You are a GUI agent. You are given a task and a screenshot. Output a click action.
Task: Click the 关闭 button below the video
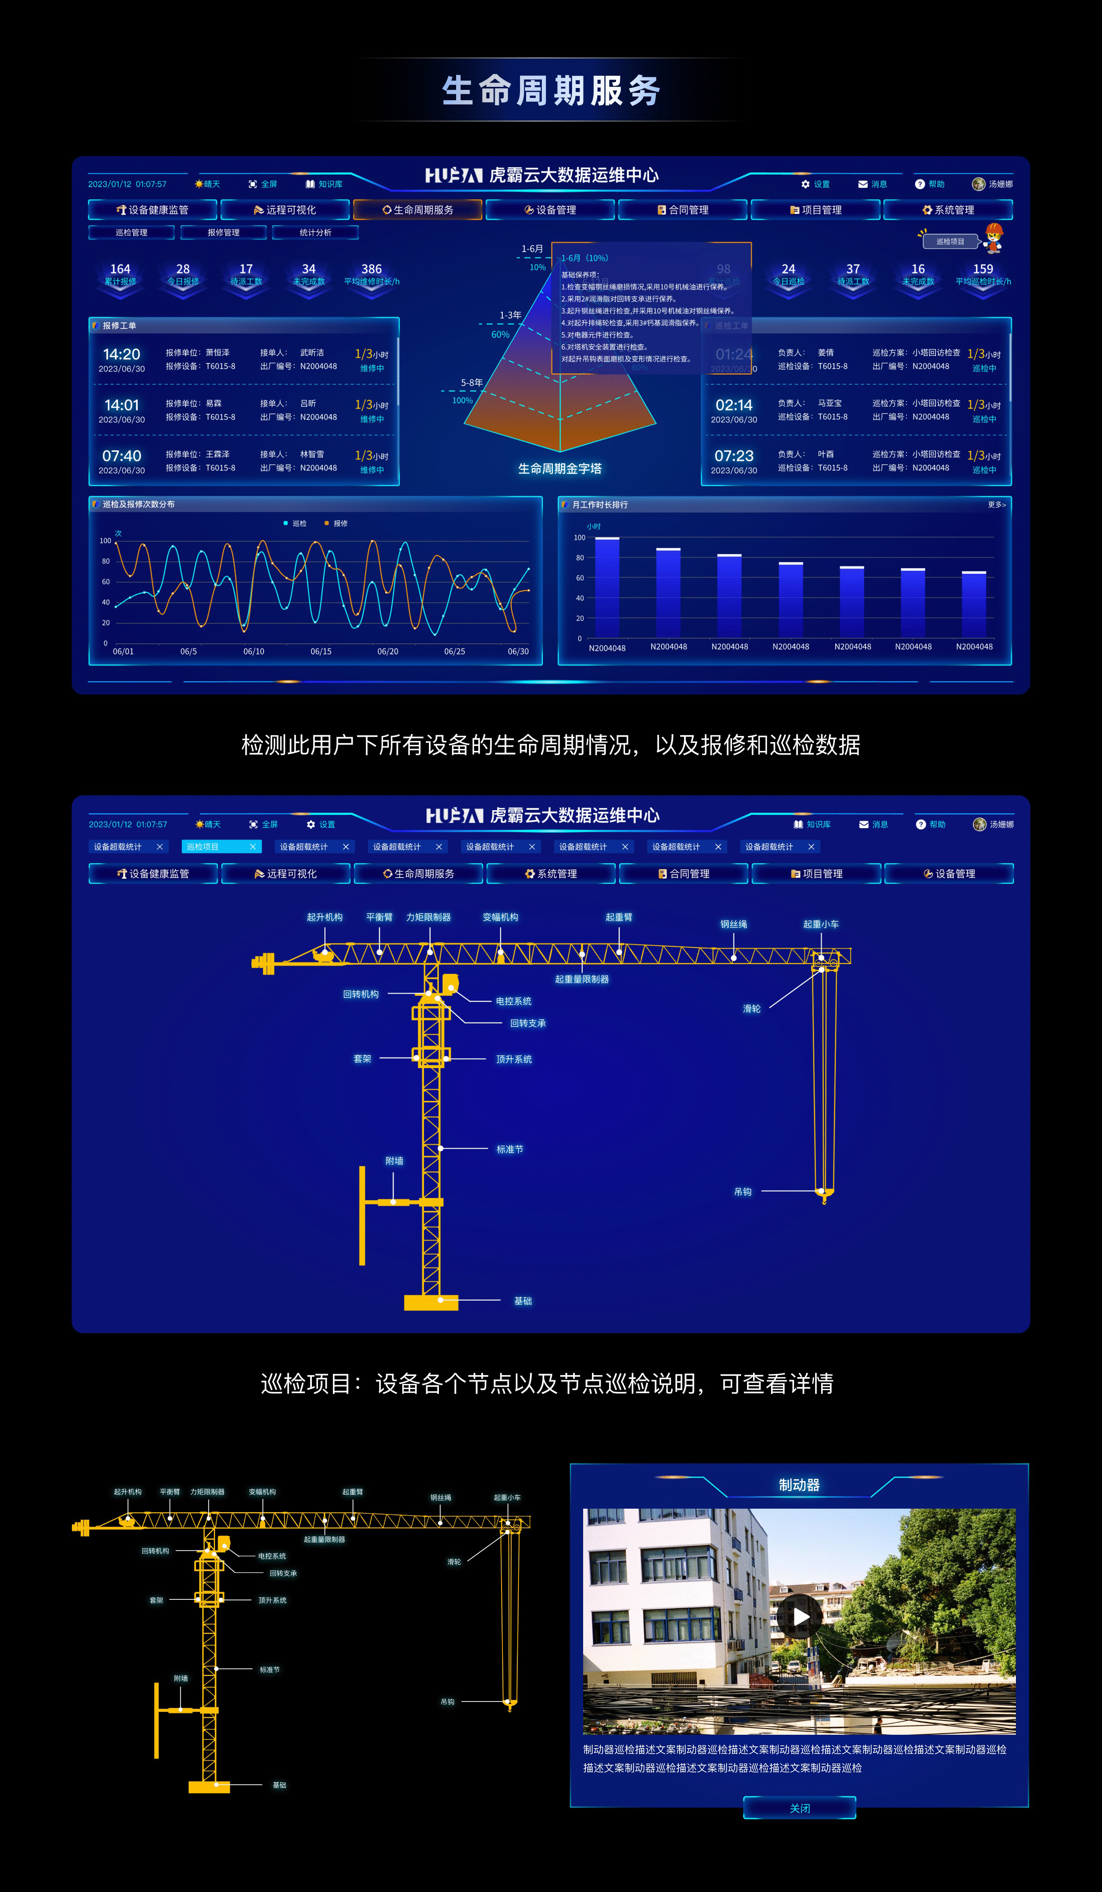pyautogui.click(x=799, y=1808)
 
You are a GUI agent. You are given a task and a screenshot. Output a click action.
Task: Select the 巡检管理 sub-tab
pyautogui.click(x=132, y=233)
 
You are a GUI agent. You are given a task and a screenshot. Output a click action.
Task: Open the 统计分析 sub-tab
pyautogui.click(x=316, y=233)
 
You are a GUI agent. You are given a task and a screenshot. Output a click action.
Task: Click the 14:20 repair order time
pyautogui.click(x=122, y=354)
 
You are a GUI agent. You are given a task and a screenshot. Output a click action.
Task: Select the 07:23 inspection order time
pyautogui.click(x=734, y=456)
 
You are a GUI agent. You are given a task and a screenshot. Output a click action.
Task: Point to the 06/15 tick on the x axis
pyautogui.click(x=321, y=652)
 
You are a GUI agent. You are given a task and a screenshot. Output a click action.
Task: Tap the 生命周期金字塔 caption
pyautogui.click(x=560, y=469)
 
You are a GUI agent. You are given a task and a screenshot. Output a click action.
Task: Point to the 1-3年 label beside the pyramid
pyautogui.click(x=510, y=315)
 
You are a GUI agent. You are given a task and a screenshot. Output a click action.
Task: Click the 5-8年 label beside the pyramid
pyautogui.click(x=472, y=383)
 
